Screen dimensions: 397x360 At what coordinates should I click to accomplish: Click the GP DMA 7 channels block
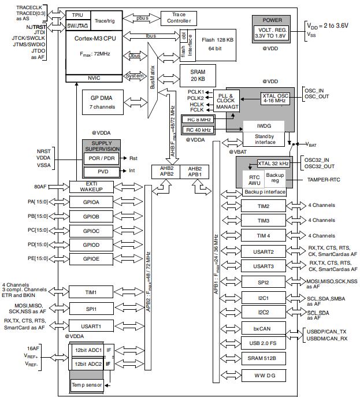tap(101, 102)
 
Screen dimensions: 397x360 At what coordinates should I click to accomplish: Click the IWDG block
tap(264, 125)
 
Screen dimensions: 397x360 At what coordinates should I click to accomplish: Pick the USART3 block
tap(263, 266)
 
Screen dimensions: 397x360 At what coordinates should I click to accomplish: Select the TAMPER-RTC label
tap(323, 180)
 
